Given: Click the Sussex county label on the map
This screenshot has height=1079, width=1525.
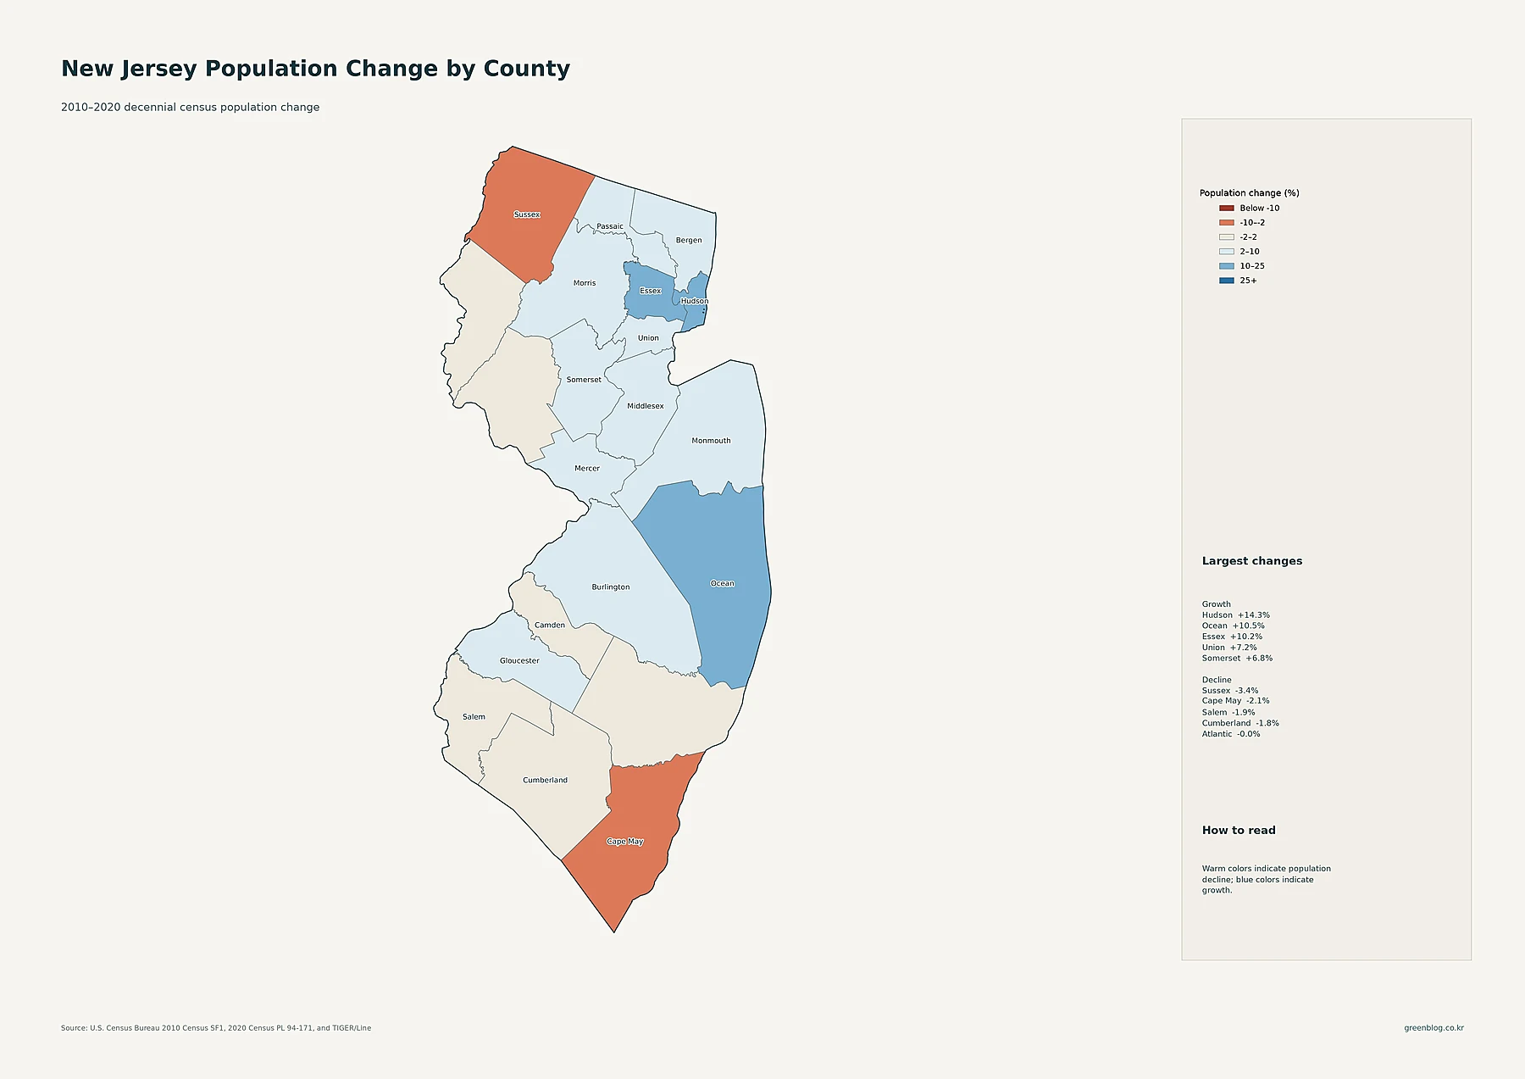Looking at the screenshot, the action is (x=527, y=214).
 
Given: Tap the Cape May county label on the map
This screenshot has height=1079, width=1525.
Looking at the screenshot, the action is (x=625, y=842).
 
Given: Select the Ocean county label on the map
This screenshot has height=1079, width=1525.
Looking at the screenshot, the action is (x=723, y=583).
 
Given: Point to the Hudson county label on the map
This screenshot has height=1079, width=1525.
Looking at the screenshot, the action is (x=695, y=301).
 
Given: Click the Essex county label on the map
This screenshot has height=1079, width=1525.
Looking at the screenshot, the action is (x=651, y=291).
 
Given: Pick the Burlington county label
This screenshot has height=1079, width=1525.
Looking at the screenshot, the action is (x=611, y=587).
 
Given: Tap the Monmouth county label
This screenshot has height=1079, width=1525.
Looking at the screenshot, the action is (x=711, y=441).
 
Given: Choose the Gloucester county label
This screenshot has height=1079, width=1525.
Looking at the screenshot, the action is (x=519, y=661).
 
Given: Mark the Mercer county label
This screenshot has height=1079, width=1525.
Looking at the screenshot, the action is (x=587, y=469).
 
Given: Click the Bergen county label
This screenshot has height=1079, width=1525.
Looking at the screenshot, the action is (x=689, y=241).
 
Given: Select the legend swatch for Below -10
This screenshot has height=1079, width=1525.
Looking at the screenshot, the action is (x=1227, y=208).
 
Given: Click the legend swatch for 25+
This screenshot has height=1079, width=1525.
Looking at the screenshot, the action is (x=1227, y=281).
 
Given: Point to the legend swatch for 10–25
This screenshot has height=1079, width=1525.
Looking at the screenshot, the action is (x=1227, y=266).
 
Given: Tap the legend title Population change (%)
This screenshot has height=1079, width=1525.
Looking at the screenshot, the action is (x=1250, y=193).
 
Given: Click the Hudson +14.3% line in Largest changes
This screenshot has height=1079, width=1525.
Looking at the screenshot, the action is (x=1236, y=615).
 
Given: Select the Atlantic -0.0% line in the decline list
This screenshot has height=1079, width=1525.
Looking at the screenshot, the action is (x=1231, y=734).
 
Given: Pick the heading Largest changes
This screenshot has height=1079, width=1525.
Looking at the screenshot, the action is (x=1252, y=561).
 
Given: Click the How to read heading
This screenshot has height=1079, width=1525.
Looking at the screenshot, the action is (x=1239, y=831).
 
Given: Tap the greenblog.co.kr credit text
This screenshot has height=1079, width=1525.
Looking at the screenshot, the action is (x=1434, y=1028).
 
